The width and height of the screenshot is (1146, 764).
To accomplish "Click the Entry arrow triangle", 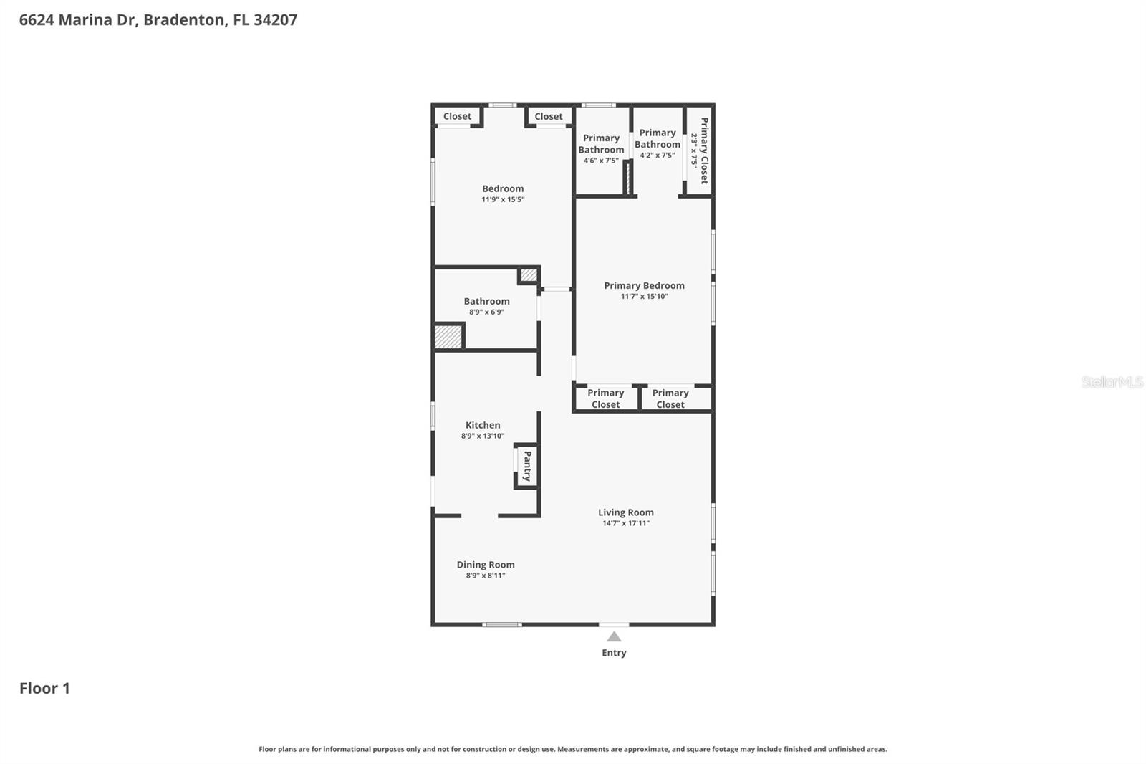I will pos(614,636).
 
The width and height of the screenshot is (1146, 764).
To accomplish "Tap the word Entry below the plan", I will pos(614,653).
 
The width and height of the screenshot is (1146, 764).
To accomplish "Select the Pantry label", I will pos(527,466).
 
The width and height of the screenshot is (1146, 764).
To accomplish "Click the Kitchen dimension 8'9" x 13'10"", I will pos(483,436).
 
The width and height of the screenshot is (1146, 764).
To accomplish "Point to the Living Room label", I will pos(626,512).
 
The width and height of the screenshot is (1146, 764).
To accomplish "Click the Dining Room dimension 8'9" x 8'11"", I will pos(486,576).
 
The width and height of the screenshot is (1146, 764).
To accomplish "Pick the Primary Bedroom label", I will pos(644,285).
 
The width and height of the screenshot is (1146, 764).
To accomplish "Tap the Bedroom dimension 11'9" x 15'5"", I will pos(503,200).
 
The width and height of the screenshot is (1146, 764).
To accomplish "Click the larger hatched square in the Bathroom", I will pos(448,337).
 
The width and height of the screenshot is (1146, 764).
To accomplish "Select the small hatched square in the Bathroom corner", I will pos(529,274).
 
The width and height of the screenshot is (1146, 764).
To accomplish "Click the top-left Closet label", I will pos(457,116).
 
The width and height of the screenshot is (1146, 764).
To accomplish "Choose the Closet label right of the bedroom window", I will pos(549,116).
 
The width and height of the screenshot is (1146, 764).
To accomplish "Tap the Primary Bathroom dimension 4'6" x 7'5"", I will pos(601,161).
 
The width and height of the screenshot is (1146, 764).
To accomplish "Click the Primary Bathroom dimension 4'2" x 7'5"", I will pos(657,156).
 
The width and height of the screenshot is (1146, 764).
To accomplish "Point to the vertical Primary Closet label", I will pos(704,151).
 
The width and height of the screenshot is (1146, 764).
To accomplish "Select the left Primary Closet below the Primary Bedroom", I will pos(605,398).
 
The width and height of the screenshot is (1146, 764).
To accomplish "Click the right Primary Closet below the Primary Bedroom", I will pos(670,398).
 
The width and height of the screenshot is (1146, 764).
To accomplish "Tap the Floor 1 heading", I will pos(44,688).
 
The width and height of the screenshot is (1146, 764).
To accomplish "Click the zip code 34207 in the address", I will pos(275,19).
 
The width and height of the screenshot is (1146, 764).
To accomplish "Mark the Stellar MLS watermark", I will pos(1112,382).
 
